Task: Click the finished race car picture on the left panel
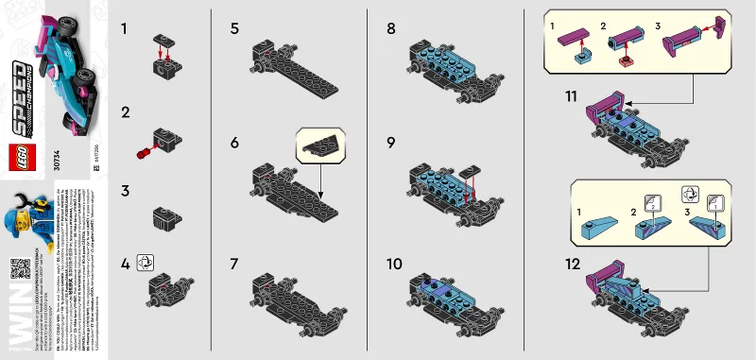64,72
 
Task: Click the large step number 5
233,29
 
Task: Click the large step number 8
391,29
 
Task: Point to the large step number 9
391,145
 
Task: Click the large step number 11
570,96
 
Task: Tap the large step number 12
571,266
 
